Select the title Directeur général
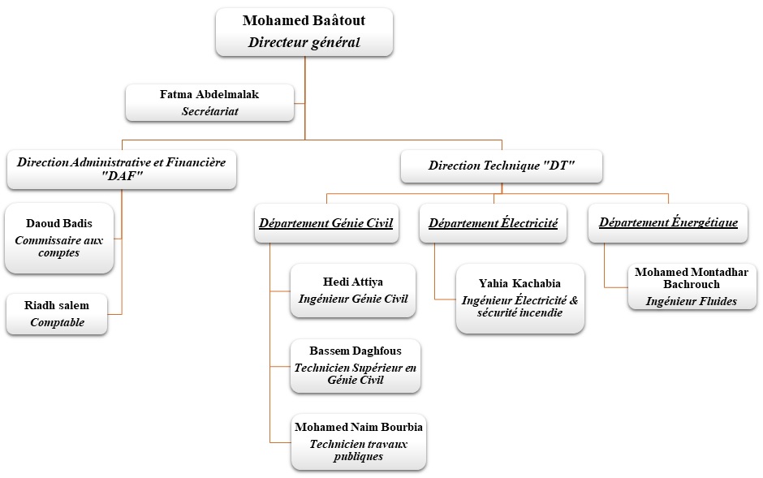click(x=304, y=43)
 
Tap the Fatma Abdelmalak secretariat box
click(x=209, y=103)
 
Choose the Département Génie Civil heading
click(x=325, y=222)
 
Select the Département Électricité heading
click(x=494, y=222)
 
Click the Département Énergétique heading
click(x=668, y=222)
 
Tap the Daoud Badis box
click(x=58, y=238)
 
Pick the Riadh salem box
click(x=57, y=314)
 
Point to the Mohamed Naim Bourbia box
click(x=358, y=441)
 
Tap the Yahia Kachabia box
click(x=519, y=299)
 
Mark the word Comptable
click(x=57, y=323)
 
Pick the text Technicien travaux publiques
click(x=358, y=450)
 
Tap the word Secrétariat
click(x=209, y=111)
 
